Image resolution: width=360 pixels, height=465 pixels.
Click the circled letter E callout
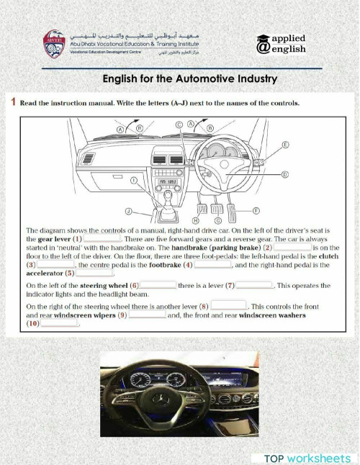pyautogui.click(x=286, y=145)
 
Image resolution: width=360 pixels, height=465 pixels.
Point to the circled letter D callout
pyautogui.click(x=284, y=174)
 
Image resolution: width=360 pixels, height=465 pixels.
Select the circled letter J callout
pyautogui.click(x=127, y=212)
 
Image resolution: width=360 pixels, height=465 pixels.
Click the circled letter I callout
pyautogui.click(x=133, y=181)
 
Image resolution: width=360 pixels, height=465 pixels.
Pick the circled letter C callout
pyautogui.click(x=179, y=125)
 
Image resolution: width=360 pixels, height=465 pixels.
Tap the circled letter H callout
pyautogui.click(x=196, y=219)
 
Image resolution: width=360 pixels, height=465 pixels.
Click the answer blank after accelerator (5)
pyautogui.click(x=95, y=273)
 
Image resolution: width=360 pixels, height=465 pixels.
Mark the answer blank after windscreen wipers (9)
pyautogui.click(x=146, y=315)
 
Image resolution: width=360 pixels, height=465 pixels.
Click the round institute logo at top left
pyautogui.click(x=54, y=44)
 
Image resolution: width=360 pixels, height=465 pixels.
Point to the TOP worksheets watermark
pyautogui.click(x=307, y=458)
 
